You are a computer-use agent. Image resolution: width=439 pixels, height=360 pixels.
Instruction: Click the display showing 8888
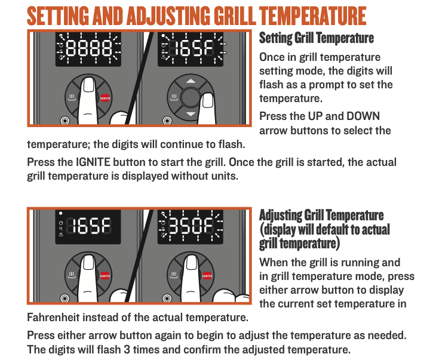[88, 49]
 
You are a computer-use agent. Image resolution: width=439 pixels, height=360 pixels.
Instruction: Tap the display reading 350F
[191, 226]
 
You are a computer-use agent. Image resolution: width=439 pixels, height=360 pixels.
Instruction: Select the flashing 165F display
[191, 49]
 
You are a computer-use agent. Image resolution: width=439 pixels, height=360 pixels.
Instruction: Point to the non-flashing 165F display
[88, 226]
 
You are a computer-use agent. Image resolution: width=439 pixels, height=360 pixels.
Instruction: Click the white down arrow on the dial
[191, 114]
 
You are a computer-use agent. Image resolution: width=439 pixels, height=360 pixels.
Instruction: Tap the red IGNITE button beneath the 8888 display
[105, 98]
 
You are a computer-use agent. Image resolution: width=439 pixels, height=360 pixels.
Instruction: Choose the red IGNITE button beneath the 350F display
[207, 276]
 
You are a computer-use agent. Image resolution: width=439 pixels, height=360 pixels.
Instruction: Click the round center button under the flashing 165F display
[191, 97]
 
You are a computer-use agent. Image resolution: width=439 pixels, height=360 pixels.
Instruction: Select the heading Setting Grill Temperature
[317, 38]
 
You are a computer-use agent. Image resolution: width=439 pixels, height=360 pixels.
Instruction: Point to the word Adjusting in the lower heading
[280, 216]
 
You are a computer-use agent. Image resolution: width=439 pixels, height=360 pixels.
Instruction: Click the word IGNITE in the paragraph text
[93, 162]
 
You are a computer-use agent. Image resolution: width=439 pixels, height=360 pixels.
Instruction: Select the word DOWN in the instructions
[363, 116]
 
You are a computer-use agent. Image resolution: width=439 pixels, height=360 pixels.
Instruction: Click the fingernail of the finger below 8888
[89, 85]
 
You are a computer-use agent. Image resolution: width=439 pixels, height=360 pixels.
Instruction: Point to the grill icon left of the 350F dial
[174, 275]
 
